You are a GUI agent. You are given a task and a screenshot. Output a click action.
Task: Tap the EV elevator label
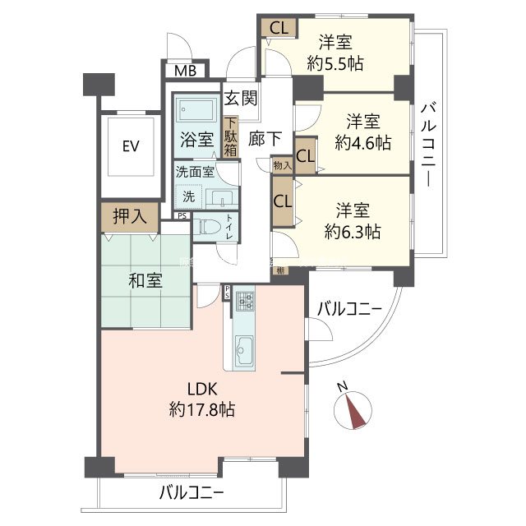coord(130,146)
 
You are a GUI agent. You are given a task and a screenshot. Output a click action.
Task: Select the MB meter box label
coord(185,71)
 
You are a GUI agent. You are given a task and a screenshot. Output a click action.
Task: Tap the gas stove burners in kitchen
coord(245,300)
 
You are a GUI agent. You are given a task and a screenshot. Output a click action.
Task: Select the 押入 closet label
coord(130,217)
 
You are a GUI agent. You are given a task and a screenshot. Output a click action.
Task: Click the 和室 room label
coord(145,279)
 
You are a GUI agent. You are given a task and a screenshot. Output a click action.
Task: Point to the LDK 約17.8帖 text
coord(201,398)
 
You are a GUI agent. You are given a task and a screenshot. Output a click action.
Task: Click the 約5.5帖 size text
coord(335,63)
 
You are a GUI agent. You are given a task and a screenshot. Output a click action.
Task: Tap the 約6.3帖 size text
coord(351,231)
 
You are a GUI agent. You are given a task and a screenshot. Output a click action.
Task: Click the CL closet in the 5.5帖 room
coord(278,26)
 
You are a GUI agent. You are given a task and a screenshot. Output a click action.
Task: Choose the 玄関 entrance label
coord(242,98)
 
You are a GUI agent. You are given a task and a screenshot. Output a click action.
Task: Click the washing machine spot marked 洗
coord(188,197)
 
